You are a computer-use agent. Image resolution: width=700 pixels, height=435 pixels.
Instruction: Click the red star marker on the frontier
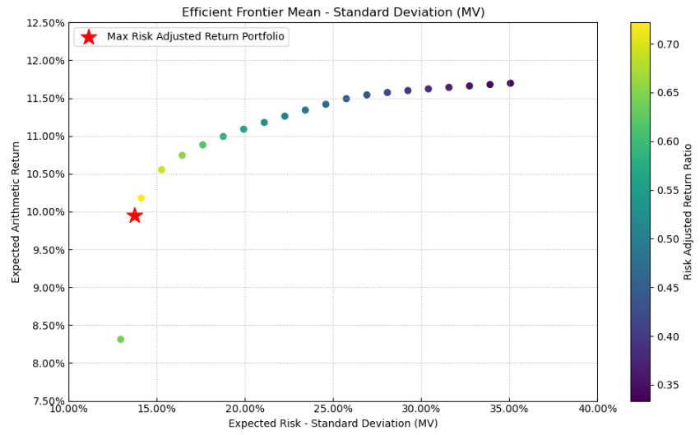click(x=135, y=215)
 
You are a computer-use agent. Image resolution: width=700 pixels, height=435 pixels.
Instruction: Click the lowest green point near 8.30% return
click(x=121, y=340)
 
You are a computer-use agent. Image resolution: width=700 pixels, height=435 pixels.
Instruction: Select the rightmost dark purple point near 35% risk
click(x=510, y=83)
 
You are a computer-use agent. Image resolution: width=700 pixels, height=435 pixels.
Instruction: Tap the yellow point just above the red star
click(x=141, y=198)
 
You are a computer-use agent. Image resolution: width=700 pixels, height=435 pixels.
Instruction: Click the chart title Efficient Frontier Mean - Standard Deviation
click(x=333, y=12)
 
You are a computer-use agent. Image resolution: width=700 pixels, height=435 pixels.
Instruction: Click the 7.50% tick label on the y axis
click(x=47, y=401)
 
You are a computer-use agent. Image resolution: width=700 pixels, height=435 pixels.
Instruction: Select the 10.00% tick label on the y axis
click(x=47, y=212)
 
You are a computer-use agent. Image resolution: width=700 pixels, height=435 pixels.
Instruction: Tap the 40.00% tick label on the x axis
click(x=598, y=409)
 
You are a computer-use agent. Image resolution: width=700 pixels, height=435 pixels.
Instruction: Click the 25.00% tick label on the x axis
click(x=333, y=409)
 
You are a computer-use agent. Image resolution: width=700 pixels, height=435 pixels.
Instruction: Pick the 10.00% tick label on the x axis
click(x=68, y=409)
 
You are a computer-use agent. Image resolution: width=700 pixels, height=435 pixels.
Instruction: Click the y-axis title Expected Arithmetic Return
click(x=16, y=212)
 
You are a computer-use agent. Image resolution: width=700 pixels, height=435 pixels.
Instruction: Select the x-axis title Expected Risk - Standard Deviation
click(x=333, y=423)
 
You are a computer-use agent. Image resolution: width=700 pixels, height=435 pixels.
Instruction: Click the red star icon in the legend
click(x=89, y=37)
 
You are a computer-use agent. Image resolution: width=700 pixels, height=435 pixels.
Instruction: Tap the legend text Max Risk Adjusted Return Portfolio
click(x=196, y=37)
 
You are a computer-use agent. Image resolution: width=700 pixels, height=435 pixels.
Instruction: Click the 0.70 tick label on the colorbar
click(x=668, y=44)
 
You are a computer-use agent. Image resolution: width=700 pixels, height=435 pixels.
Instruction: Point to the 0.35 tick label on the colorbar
click(x=668, y=385)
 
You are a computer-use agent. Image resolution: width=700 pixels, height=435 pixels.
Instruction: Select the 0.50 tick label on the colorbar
click(x=668, y=239)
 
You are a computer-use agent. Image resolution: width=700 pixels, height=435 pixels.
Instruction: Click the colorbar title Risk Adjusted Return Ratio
click(x=688, y=212)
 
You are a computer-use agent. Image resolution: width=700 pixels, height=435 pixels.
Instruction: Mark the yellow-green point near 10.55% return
click(x=161, y=169)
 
